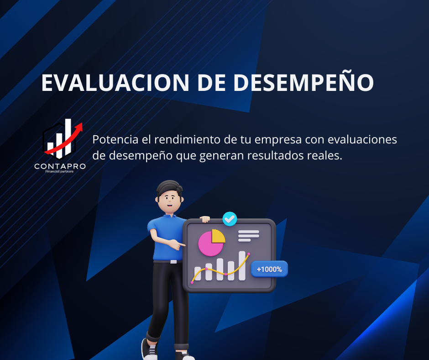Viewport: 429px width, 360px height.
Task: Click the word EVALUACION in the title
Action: coord(115,83)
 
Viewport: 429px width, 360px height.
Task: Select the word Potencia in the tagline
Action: coord(115,139)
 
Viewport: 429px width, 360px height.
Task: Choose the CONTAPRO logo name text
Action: coord(60,166)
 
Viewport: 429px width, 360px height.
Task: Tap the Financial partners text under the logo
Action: coord(59,171)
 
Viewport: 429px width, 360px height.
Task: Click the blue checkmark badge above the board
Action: coord(230,219)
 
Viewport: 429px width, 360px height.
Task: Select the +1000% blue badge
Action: coord(269,269)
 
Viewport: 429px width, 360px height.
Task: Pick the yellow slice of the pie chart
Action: coord(218,236)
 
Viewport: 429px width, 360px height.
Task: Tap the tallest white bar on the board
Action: coord(242,266)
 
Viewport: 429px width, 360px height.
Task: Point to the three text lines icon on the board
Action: coord(248,236)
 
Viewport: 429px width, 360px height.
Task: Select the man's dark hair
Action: coord(169,188)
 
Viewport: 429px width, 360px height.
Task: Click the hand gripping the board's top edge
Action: coord(205,219)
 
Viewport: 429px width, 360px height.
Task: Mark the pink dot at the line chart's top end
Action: coord(249,254)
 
